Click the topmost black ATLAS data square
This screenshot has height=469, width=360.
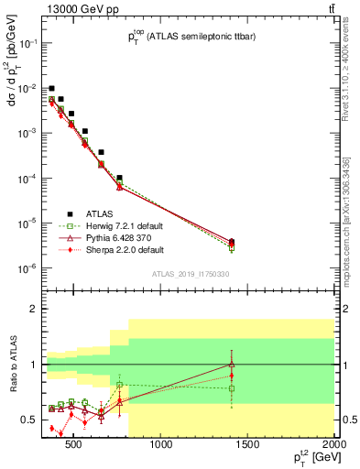click(x=52, y=88)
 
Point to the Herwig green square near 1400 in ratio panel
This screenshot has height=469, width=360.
click(x=232, y=388)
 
